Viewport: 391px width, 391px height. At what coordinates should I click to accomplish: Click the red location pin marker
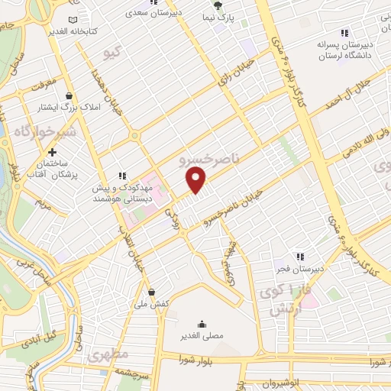click(x=196, y=179)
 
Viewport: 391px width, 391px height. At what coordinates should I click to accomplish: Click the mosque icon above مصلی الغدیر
click(x=202, y=323)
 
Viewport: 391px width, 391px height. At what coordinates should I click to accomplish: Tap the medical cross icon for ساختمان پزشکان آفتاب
click(x=51, y=153)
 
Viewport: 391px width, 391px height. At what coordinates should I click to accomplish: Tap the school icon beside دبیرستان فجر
click(x=301, y=257)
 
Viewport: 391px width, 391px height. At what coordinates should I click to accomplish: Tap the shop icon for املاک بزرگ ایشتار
click(x=69, y=97)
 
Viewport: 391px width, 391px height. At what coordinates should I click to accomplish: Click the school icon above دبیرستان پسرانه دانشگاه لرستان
click(x=344, y=32)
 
